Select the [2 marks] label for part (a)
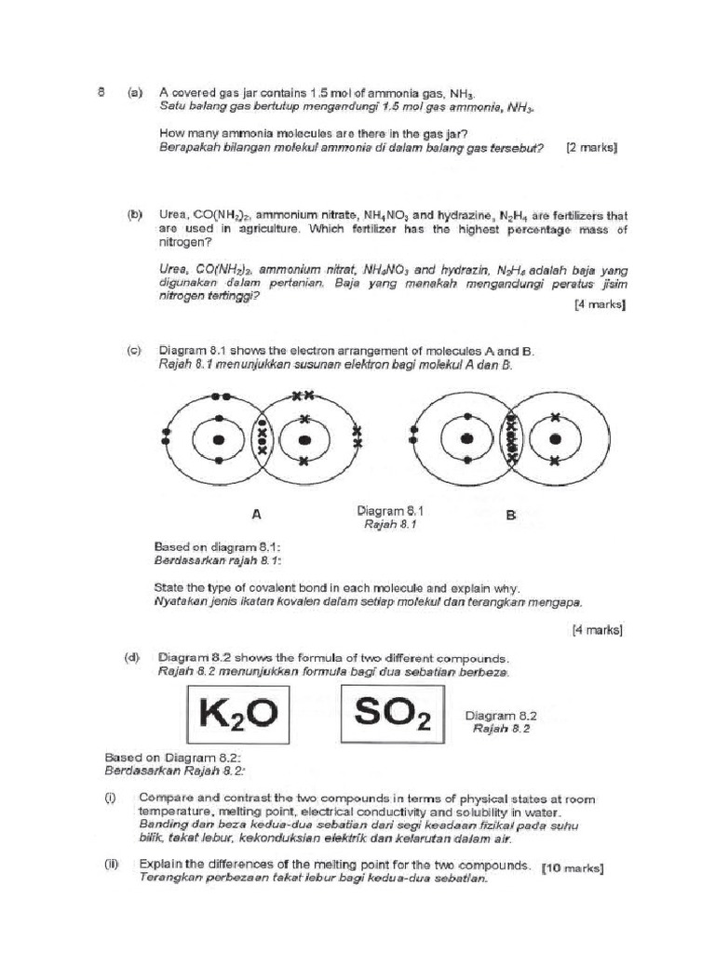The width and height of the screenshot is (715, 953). [x=591, y=148]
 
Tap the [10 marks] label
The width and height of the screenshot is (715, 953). [x=572, y=868]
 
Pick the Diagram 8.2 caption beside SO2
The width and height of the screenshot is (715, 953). [x=501, y=716]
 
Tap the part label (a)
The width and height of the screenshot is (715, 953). [x=135, y=93]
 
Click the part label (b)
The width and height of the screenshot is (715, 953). [x=135, y=215]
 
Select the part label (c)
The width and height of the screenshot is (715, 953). [x=135, y=351]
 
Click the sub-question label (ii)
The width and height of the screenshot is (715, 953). [x=112, y=864]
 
